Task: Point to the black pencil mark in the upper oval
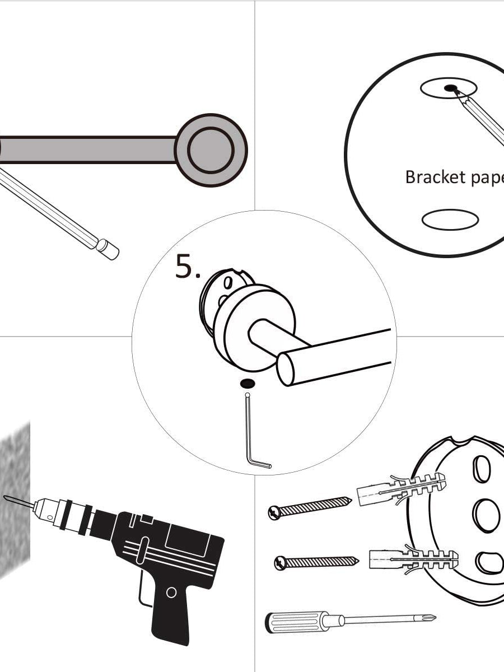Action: tap(450, 88)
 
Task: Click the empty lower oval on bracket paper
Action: tap(450, 220)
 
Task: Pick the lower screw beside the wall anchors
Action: tap(316, 562)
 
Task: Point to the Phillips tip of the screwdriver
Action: tap(429, 618)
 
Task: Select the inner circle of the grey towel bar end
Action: tap(211, 150)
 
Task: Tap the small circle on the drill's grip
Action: tap(172, 592)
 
